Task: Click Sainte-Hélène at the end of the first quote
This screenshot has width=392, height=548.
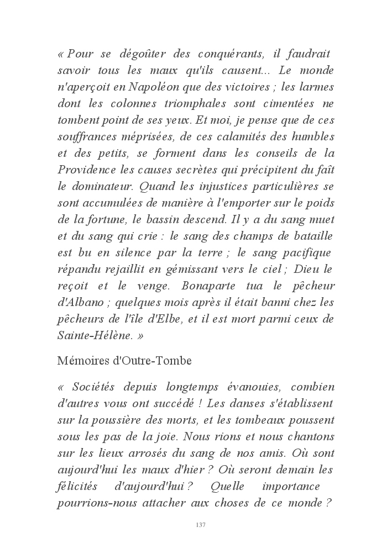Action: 89,335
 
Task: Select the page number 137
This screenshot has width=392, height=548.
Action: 201,525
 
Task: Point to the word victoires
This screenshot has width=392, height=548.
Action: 251,87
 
